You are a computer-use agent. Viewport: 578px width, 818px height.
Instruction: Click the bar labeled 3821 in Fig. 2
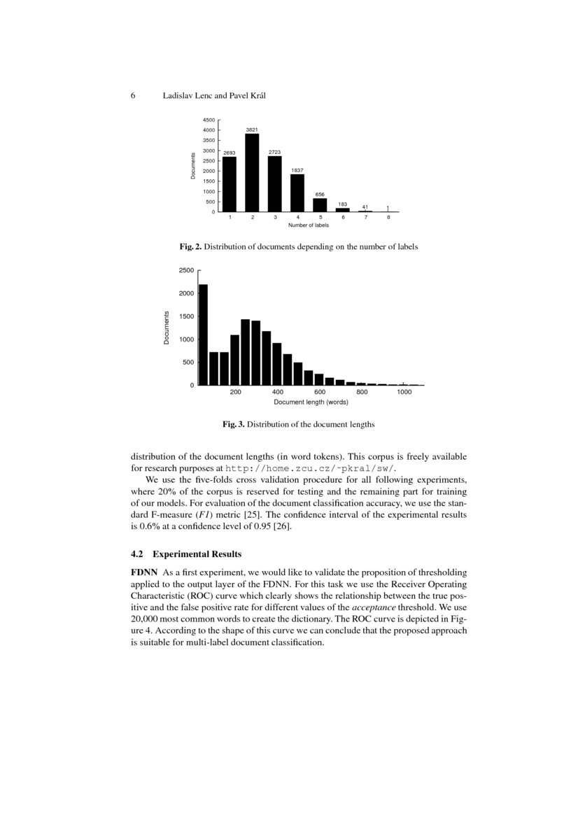coord(253,172)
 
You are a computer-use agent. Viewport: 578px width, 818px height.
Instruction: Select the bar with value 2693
coord(230,184)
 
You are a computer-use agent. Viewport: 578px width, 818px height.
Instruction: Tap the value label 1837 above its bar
coord(297,170)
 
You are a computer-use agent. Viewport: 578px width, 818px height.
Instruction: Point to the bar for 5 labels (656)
coord(320,204)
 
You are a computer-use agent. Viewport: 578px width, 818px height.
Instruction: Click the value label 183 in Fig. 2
coord(342,204)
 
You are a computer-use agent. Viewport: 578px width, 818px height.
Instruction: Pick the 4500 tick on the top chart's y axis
coord(209,120)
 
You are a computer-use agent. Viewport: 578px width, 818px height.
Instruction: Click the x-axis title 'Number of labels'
coord(309,225)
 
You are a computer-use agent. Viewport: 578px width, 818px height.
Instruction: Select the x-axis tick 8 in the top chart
coord(388,218)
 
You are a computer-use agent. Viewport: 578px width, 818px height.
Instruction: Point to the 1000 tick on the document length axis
coord(403,393)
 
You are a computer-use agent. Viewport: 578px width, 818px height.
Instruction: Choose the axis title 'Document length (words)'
coord(311,402)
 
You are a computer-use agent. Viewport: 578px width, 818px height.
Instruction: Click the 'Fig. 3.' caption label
coord(234,424)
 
